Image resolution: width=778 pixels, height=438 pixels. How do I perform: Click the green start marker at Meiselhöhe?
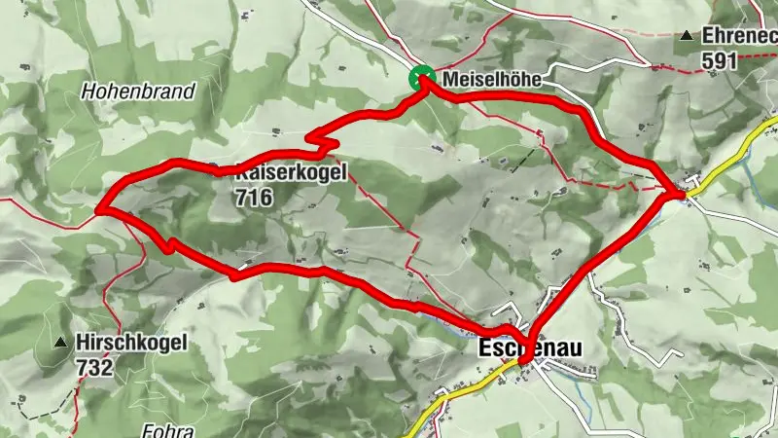422,78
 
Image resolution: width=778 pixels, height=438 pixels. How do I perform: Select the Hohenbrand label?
139,91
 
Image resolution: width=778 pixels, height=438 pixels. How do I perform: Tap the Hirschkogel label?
134,344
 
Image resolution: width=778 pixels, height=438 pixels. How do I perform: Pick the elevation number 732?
97,367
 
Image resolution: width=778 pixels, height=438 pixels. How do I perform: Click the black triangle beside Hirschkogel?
60,343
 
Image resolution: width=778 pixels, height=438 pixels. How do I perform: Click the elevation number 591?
720,59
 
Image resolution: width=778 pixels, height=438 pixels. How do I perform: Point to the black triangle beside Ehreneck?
688,36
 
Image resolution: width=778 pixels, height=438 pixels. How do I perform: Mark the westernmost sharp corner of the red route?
99,208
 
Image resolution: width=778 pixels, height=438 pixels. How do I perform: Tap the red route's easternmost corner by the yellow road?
678,195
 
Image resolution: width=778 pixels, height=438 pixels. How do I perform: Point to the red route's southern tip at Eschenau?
524,362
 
